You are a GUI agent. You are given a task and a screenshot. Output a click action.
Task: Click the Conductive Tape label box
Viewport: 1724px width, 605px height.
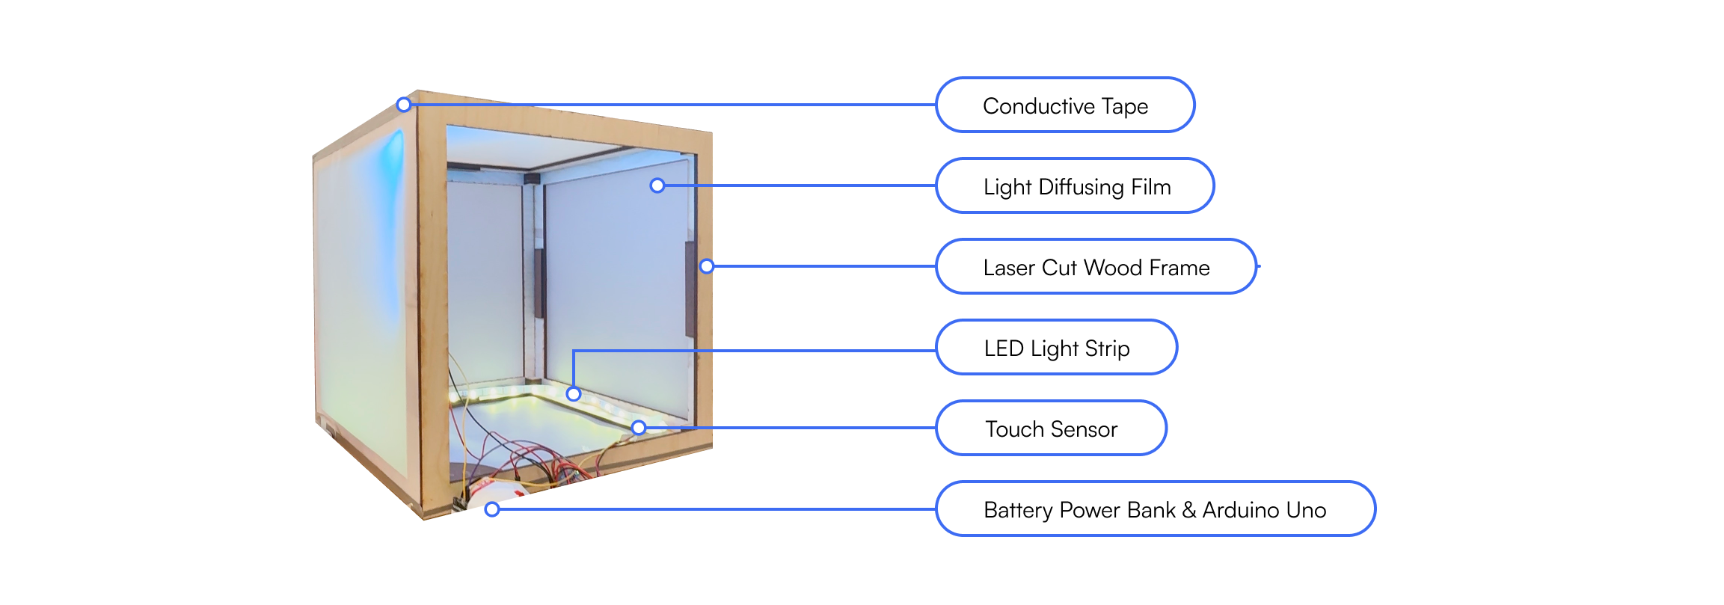click(1064, 105)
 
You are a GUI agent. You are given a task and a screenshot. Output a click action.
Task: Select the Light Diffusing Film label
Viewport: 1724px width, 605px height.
click(1075, 186)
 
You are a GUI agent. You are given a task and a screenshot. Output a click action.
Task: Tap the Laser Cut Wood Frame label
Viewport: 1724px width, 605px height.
click(1096, 267)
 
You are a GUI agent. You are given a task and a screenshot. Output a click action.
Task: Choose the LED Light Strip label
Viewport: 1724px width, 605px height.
click(1056, 348)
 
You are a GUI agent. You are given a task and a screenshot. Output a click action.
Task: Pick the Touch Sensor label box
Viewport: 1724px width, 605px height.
click(1051, 429)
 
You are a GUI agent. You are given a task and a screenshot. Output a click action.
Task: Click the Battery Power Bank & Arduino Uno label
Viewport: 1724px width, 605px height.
click(1155, 509)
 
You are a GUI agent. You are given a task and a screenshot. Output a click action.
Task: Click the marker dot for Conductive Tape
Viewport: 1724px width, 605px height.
click(404, 105)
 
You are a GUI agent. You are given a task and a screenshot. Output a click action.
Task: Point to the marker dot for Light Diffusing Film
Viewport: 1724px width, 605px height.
click(657, 185)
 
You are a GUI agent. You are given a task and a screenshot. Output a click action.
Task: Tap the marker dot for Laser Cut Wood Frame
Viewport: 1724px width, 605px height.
click(707, 266)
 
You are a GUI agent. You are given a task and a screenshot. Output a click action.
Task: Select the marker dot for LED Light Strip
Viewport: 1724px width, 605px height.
click(574, 393)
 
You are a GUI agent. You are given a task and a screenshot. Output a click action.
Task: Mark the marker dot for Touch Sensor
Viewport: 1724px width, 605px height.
click(639, 428)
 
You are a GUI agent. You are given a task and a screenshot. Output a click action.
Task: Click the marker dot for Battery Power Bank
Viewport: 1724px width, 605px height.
click(492, 509)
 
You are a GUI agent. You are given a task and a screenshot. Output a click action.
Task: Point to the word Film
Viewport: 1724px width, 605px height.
click(1150, 187)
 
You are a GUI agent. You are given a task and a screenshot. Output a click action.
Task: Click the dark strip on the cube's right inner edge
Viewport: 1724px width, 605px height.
click(690, 288)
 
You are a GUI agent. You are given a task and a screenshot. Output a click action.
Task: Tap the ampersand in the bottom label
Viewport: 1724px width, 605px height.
click(1189, 510)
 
